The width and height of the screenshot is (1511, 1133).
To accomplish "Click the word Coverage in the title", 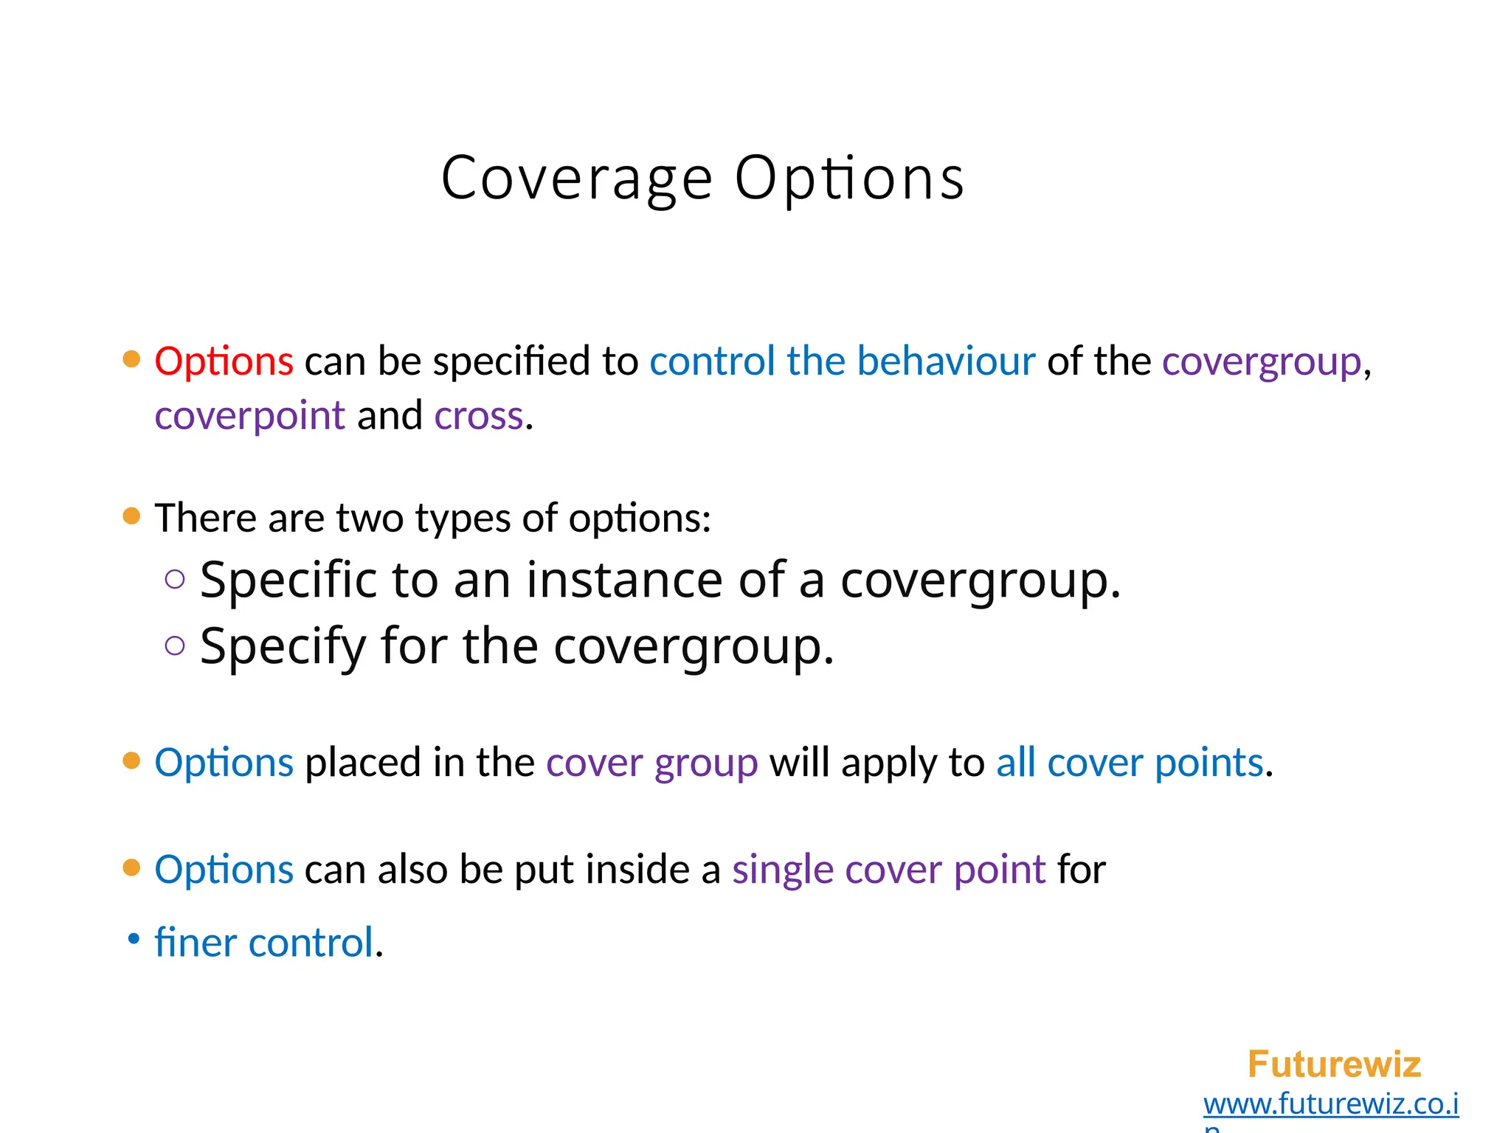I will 576,179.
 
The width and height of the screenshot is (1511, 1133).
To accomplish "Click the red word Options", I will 224,361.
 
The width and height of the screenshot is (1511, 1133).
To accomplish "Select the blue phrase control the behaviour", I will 842,361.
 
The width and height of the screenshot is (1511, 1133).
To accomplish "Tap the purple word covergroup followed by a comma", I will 1261,361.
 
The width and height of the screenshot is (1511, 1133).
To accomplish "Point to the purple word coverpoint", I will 249,416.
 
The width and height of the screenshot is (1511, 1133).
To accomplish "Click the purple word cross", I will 479,416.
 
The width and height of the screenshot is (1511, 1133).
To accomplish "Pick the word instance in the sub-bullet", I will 624,580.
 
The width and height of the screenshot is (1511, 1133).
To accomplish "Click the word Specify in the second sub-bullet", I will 283,646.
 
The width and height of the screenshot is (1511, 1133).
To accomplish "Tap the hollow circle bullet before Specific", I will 175,580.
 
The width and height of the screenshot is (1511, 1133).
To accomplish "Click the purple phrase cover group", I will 651,763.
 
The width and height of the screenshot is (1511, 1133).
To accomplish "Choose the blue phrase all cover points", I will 1130,763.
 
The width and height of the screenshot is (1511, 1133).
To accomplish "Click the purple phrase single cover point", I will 888,870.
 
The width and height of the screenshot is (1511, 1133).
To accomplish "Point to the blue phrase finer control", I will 264,943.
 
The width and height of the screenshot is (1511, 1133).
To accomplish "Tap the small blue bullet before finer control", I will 134,939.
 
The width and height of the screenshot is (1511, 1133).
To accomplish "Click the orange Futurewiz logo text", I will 1334,1064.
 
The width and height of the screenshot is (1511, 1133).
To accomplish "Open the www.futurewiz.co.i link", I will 1330,1104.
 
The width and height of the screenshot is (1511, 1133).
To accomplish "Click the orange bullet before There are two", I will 131,516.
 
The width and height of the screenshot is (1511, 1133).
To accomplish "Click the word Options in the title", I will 849,179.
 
